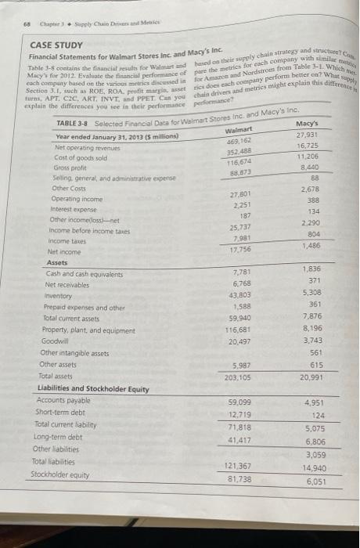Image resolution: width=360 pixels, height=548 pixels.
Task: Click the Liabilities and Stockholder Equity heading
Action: point(93,388)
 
